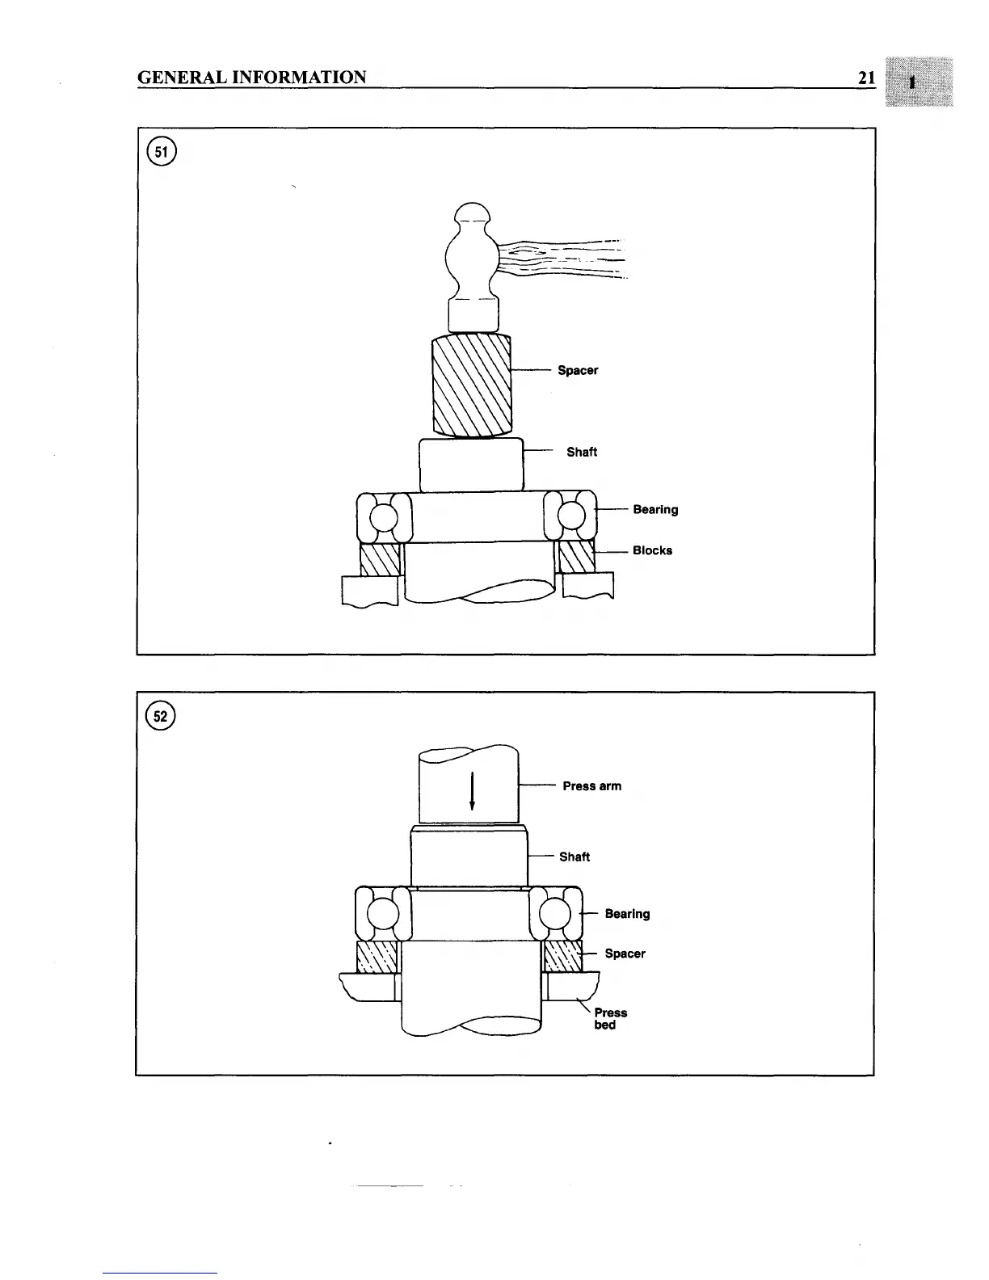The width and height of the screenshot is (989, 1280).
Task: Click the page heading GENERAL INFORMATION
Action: click(252, 78)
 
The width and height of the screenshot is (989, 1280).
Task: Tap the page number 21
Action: click(867, 78)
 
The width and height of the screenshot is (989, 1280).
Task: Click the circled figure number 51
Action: click(160, 153)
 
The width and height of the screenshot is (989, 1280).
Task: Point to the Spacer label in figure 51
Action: click(578, 370)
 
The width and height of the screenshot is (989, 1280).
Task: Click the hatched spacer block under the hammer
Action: click(472, 385)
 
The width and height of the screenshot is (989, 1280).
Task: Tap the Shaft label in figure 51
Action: click(582, 452)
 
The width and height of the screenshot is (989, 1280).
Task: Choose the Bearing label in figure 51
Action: click(655, 510)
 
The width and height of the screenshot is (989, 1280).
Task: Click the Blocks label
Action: click(652, 551)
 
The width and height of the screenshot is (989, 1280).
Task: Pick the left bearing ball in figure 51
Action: click(383, 516)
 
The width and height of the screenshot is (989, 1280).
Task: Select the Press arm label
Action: click(592, 786)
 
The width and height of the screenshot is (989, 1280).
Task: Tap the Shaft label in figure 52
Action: click(574, 857)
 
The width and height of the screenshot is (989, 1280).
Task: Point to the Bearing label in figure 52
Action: click(627, 914)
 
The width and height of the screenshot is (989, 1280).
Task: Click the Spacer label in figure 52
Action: click(625, 954)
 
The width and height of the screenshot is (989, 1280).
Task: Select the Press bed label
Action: click(610, 1019)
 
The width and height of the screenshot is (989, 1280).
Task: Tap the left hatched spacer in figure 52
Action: click(377, 956)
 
